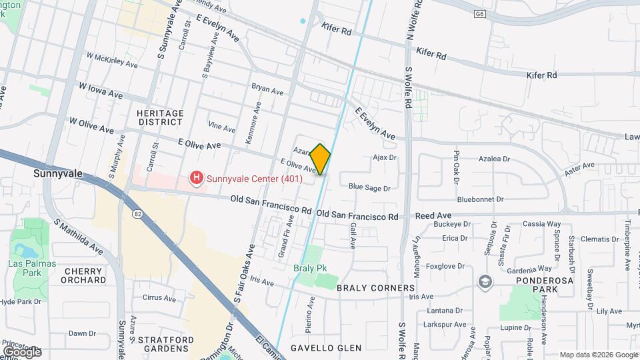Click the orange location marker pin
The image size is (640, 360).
321,159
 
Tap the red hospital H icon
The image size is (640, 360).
197,178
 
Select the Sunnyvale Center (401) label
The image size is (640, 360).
254,178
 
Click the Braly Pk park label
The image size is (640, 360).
309,268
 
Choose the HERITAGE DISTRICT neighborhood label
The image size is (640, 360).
160,117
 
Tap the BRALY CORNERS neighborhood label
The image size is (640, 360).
376,288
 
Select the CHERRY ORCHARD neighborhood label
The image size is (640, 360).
83,275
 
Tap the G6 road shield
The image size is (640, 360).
479,13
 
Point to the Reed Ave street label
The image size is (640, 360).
433,216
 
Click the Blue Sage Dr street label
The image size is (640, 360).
369,189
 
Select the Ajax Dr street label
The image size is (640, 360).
385,158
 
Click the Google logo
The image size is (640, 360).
22,351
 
